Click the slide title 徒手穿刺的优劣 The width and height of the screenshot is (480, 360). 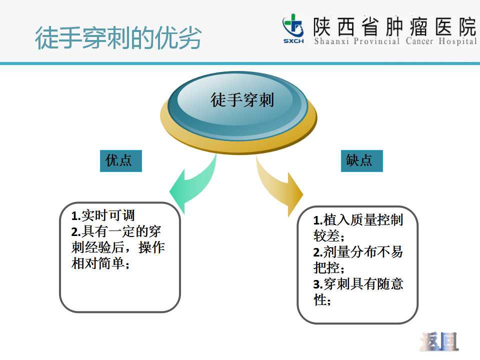(x=118, y=38)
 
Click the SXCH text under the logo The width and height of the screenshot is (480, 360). (x=293, y=41)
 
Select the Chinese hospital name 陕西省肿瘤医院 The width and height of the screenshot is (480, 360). (x=394, y=26)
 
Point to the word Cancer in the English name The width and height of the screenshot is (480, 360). (x=419, y=41)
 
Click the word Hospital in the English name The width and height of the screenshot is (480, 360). (x=457, y=41)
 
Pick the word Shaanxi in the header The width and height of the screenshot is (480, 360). (x=331, y=41)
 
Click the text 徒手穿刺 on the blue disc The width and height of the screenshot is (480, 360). (x=242, y=100)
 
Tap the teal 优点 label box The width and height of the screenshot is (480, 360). (x=121, y=160)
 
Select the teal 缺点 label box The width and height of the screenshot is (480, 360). (x=362, y=160)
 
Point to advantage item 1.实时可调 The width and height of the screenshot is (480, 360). (x=103, y=215)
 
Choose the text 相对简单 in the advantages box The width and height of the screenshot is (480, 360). (x=98, y=263)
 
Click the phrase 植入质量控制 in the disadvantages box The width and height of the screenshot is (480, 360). (x=363, y=220)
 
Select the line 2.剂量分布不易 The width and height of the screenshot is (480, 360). (x=358, y=252)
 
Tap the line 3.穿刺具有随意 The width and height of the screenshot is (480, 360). (x=358, y=284)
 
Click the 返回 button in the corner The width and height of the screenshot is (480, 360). (x=439, y=341)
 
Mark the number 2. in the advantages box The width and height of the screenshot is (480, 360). (x=76, y=232)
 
